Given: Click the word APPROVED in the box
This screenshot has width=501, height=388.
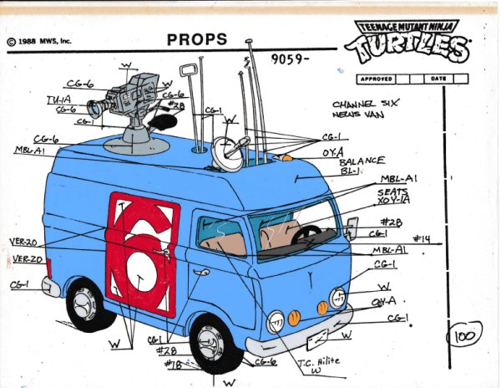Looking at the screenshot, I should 377,79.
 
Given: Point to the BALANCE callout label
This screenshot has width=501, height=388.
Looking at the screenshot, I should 361,160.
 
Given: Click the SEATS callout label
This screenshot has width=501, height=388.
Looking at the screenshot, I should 392,191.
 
